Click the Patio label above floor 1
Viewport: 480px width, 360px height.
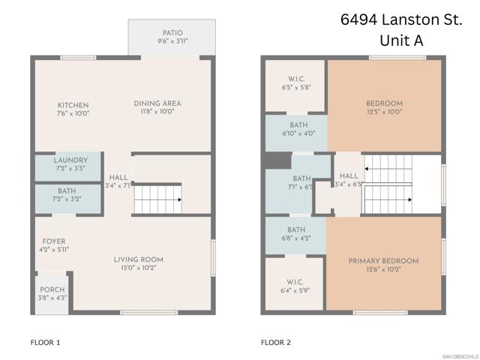pos(171,37)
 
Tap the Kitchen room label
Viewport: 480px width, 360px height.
pos(73,108)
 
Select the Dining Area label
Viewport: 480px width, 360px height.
pos(157,106)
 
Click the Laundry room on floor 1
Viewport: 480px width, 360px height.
pos(70,164)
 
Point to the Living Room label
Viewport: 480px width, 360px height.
pos(139,263)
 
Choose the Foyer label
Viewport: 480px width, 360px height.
pos(53,245)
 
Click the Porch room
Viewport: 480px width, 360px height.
pos(52,293)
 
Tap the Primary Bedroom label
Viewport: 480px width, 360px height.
pos(383,264)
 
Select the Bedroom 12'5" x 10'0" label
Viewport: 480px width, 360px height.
pos(384,107)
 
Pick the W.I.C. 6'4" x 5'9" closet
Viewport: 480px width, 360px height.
pos(295,286)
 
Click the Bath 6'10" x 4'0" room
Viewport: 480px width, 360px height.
pos(297,130)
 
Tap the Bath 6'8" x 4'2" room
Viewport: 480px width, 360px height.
pos(295,233)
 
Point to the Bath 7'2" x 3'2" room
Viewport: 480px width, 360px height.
pos(67,196)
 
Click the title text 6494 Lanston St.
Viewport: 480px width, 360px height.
pos(402,19)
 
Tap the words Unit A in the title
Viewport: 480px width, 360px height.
pos(402,41)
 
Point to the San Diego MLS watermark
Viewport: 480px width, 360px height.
pos(459,355)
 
